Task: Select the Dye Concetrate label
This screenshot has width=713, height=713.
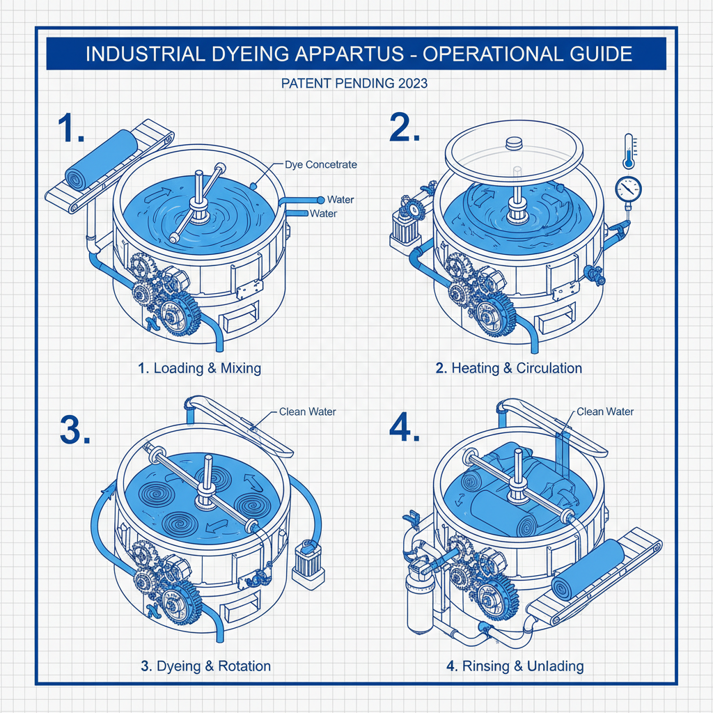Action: (321, 165)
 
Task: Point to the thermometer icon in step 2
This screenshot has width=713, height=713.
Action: (629, 152)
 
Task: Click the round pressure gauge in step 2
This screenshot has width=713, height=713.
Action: (629, 188)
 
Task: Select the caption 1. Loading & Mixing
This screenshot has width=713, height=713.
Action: (199, 368)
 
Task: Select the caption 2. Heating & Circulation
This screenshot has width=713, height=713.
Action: (508, 368)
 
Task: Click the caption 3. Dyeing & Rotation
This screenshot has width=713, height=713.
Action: (205, 666)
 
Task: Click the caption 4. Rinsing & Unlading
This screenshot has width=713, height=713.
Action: (515, 666)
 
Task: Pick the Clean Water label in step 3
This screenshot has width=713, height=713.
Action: (307, 412)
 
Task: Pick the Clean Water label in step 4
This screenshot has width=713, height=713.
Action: (605, 412)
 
